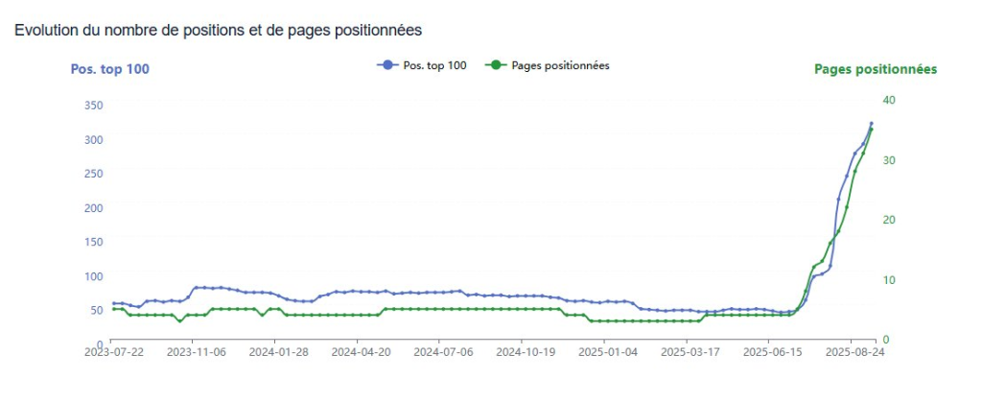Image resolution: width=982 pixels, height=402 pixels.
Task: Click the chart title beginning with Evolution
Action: (218, 31)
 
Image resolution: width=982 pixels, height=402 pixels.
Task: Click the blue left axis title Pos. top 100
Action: (110, 69)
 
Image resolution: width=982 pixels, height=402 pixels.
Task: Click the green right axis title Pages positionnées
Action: (876, 69)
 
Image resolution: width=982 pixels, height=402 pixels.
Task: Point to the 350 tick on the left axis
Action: (92, 106)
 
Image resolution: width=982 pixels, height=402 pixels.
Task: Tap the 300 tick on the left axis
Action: (92, 140)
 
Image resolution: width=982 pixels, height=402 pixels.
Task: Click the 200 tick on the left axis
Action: (92, 208)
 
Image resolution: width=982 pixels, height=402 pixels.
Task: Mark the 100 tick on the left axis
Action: (92, 276)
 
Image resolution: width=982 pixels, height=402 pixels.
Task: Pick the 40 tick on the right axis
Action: (888, 100)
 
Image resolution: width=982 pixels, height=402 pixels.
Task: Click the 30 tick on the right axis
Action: (888, 160)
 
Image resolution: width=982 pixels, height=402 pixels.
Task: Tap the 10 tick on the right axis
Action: (888, 280)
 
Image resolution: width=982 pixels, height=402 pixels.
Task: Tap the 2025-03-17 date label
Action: (687, 352)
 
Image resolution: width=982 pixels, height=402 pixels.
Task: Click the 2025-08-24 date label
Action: (852, 352)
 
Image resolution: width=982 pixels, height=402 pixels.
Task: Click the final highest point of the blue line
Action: (871, 124)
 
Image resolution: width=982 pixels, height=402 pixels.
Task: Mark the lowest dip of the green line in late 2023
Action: (179, 320)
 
